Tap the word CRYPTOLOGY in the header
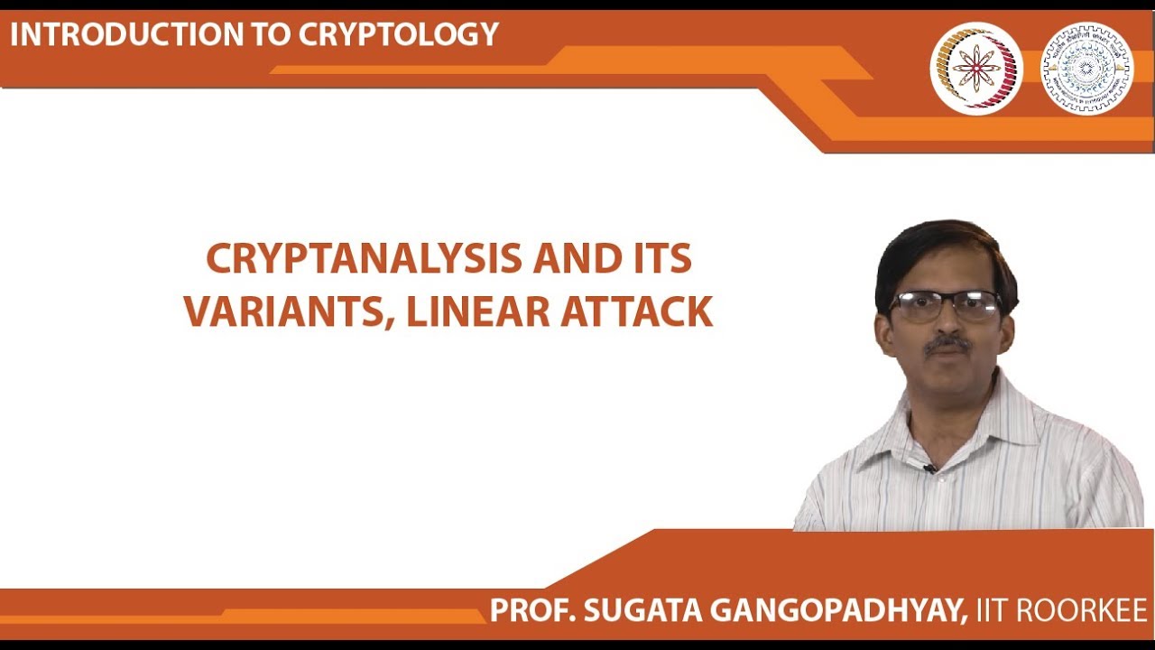pos(399,34)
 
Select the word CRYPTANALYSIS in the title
pos(364,260)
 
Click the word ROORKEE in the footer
pos(1082,610)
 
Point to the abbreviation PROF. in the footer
pos(531,610)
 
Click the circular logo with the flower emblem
pos(976,69)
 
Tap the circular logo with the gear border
pos(1086,69)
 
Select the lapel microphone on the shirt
pos(929,469)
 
